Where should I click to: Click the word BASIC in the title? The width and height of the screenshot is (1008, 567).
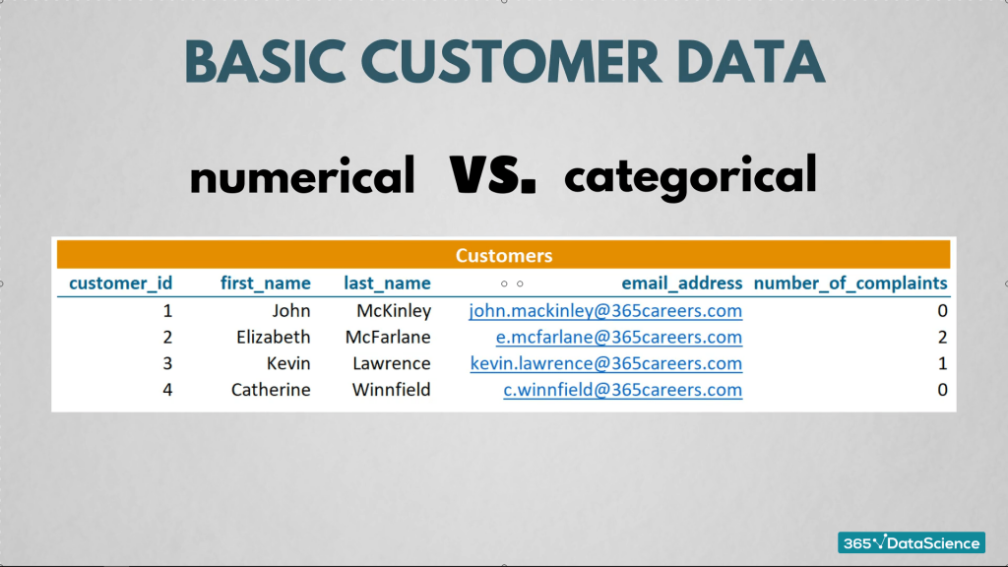pos(265,62)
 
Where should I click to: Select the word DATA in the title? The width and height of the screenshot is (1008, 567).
pos(751,62)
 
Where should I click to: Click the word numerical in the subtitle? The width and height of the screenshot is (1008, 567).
pos(302,175)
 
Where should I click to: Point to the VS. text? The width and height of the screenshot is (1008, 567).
pos(492,174)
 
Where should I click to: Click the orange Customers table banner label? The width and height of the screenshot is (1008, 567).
pos(504,255)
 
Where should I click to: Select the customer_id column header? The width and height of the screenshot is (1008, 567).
pos(120,283)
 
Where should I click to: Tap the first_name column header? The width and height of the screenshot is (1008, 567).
pos(266,283)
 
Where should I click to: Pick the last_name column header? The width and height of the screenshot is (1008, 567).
pos(387,283)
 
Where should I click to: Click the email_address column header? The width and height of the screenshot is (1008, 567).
pos(681,283)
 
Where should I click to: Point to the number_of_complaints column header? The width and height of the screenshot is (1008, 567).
pos(850,283)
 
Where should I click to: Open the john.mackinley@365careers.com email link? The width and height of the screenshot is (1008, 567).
pos(605,311)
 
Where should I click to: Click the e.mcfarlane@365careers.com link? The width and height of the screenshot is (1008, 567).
pos(619,338)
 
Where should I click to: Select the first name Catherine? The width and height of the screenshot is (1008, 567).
pos(271,390)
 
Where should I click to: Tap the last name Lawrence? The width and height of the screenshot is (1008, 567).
pos(392,363)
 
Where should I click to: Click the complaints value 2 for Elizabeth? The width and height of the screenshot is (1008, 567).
pos(942,338)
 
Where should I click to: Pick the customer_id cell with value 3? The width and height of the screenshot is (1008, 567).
pos(167,364)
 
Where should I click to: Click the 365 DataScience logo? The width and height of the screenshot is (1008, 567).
pos(911,543)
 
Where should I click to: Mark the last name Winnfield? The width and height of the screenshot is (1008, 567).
pos(392,390)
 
